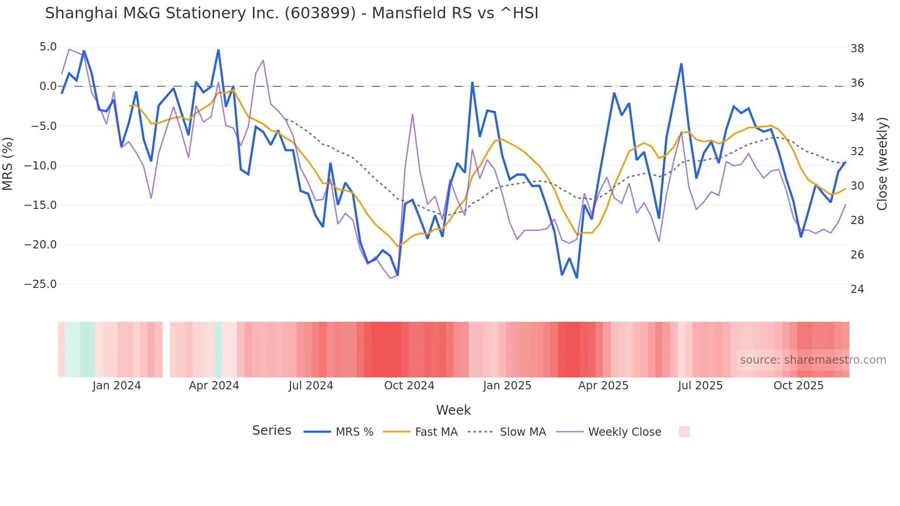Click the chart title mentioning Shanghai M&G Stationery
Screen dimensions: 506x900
tap(292, 13)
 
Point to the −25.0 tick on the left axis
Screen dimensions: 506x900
tap(40, 284)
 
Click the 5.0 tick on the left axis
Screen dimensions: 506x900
tap(48, 47)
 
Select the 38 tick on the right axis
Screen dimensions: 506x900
tap(857, 49)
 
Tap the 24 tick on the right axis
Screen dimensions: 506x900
tap(857, 289)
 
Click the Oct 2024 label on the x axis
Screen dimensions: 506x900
tap(409, 386)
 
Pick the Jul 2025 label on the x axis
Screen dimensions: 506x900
tap(700, 386)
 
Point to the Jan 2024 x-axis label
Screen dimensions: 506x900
tap(117, 386)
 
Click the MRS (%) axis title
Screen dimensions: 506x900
tap(8, 164)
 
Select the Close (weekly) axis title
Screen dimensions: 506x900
tap(882, 164)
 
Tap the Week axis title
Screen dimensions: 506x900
tap(453, 410)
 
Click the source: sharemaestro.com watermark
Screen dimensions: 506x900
tap(813, 360)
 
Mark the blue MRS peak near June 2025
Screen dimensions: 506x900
tap(681, 64)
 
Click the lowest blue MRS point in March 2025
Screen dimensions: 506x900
tap(577, 277)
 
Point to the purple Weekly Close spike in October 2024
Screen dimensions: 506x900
tap(412, 114)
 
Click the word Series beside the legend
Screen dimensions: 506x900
tap(271, 431)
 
